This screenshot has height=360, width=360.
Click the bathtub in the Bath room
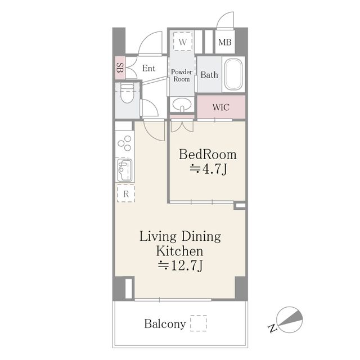click(x=233, y=74)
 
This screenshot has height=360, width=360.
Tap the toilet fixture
click(x=127, y=94)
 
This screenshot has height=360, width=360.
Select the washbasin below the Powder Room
click(x=182, y=105)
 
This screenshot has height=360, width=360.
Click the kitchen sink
click(x=125, y=170)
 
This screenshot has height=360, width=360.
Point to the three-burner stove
click(x=125, y=143)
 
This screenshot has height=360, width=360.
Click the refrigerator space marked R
click(x=126, y=193)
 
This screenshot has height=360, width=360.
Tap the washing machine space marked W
click(x=182, y=42)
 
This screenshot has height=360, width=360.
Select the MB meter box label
click(x=225, y=42)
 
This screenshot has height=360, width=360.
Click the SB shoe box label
click(x=120, y=67)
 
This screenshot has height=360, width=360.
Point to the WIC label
click(x=220, y=107)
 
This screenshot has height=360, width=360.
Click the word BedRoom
click(x=208, y=154)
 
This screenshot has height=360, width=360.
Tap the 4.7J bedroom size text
click(x=208, y=169)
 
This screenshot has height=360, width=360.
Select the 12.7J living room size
click(x=180, y=266)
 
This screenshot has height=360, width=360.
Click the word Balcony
click(x=165, y=324)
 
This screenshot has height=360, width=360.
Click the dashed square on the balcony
click(x=199, y=323)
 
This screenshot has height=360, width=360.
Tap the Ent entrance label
click(x=148, y=68)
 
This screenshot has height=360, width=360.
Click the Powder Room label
click(x=182, y=75)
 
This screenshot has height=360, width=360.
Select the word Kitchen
click(x=180, y=251)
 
